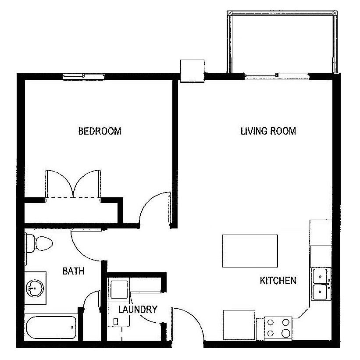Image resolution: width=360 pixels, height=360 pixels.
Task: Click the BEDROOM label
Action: [x=100, y=131]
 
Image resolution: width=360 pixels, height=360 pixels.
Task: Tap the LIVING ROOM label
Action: [x=268, y=131]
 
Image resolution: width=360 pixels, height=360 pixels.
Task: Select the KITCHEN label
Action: [x=278, y=281]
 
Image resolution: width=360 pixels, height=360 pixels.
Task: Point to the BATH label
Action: [x=73, y=271]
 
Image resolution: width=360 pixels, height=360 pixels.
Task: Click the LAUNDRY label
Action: [x=138, y=310]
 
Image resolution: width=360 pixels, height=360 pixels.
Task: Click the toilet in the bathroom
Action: [x=39, y=243]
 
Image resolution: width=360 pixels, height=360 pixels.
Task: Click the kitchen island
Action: [x=250, y=251]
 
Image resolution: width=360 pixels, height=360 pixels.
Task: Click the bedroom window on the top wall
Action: [x=84, y=76]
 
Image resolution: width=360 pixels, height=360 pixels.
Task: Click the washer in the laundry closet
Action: [x=119, y=289]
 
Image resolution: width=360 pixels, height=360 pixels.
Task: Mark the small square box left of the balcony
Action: [x=192, y=70]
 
